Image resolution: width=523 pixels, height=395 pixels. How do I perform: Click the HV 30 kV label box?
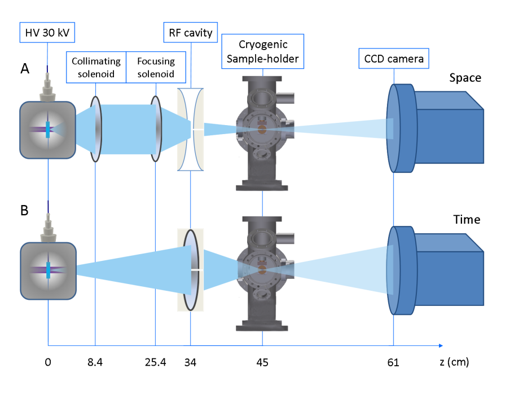(47, 33)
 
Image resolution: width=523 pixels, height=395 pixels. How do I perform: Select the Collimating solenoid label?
(95, 68)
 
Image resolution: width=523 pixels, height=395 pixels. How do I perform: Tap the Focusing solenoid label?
(156, 68)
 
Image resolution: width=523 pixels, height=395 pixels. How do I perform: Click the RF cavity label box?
(191, 33)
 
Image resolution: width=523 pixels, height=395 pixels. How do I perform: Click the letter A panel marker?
(25, 69)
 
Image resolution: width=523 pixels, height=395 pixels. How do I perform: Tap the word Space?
(465, 78)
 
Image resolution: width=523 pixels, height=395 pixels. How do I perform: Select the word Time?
(466, 220)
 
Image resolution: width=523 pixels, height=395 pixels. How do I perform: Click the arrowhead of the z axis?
(440, 345)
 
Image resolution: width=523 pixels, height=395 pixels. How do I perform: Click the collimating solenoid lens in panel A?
(95, 129)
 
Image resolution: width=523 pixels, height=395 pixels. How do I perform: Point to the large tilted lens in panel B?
(191, 269)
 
